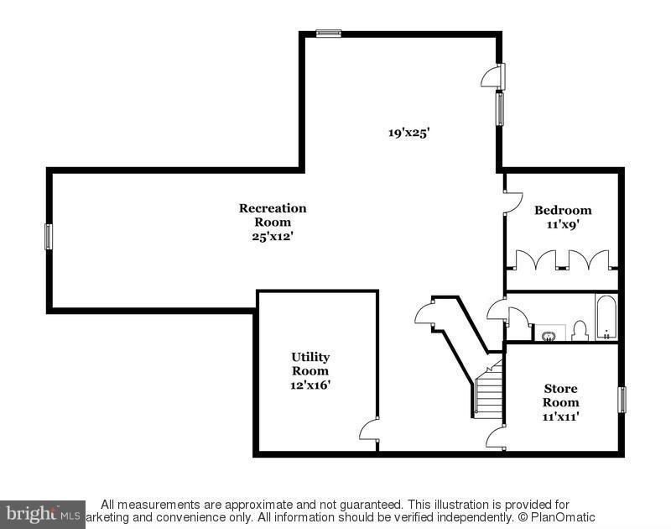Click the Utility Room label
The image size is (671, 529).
[x=310, y=364]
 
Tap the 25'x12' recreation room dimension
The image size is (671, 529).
[x=273, y=236]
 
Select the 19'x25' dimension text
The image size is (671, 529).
[x=408, y=132]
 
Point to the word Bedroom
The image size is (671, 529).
[x=563, y=210]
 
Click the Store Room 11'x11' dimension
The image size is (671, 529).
[x=561, y=416]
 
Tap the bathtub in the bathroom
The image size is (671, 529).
[x=606, y=317]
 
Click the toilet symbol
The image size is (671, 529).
[x=580, y=332]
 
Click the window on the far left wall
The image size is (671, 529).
[x=49, y=236]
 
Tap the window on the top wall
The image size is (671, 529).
[x=329, y=34]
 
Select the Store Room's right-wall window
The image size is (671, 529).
[x=622, y=399]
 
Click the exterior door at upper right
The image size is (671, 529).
[x=493, y=76]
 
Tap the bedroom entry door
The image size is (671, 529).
[x=512, y=200]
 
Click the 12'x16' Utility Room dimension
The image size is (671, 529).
[x=310, y=385]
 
